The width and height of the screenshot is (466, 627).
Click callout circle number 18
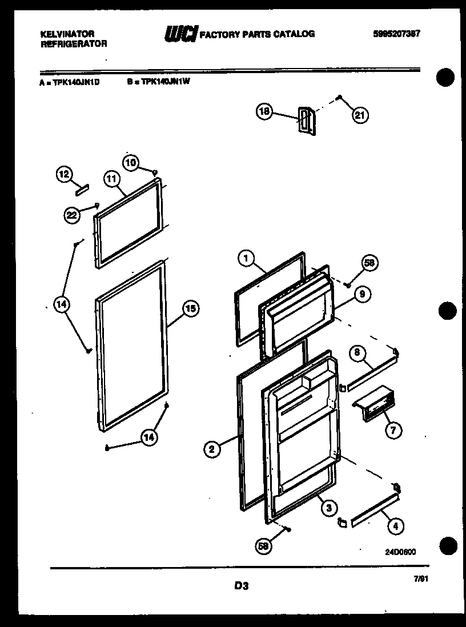click(264, 112)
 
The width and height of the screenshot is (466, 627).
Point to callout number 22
click(71, 214)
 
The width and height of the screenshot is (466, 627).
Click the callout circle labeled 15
click(190, 309)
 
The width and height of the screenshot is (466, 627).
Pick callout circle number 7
click(392, 431)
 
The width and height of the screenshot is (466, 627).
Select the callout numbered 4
click(393, 526)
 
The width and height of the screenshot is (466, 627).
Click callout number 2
click(212, 449)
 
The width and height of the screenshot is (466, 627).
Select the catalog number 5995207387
click(396, 34)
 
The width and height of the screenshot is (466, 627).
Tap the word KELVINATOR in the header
click(67, 34)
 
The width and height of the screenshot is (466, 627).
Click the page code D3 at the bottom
click(241, 585)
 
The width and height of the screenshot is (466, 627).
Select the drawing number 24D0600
click(400, 552)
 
